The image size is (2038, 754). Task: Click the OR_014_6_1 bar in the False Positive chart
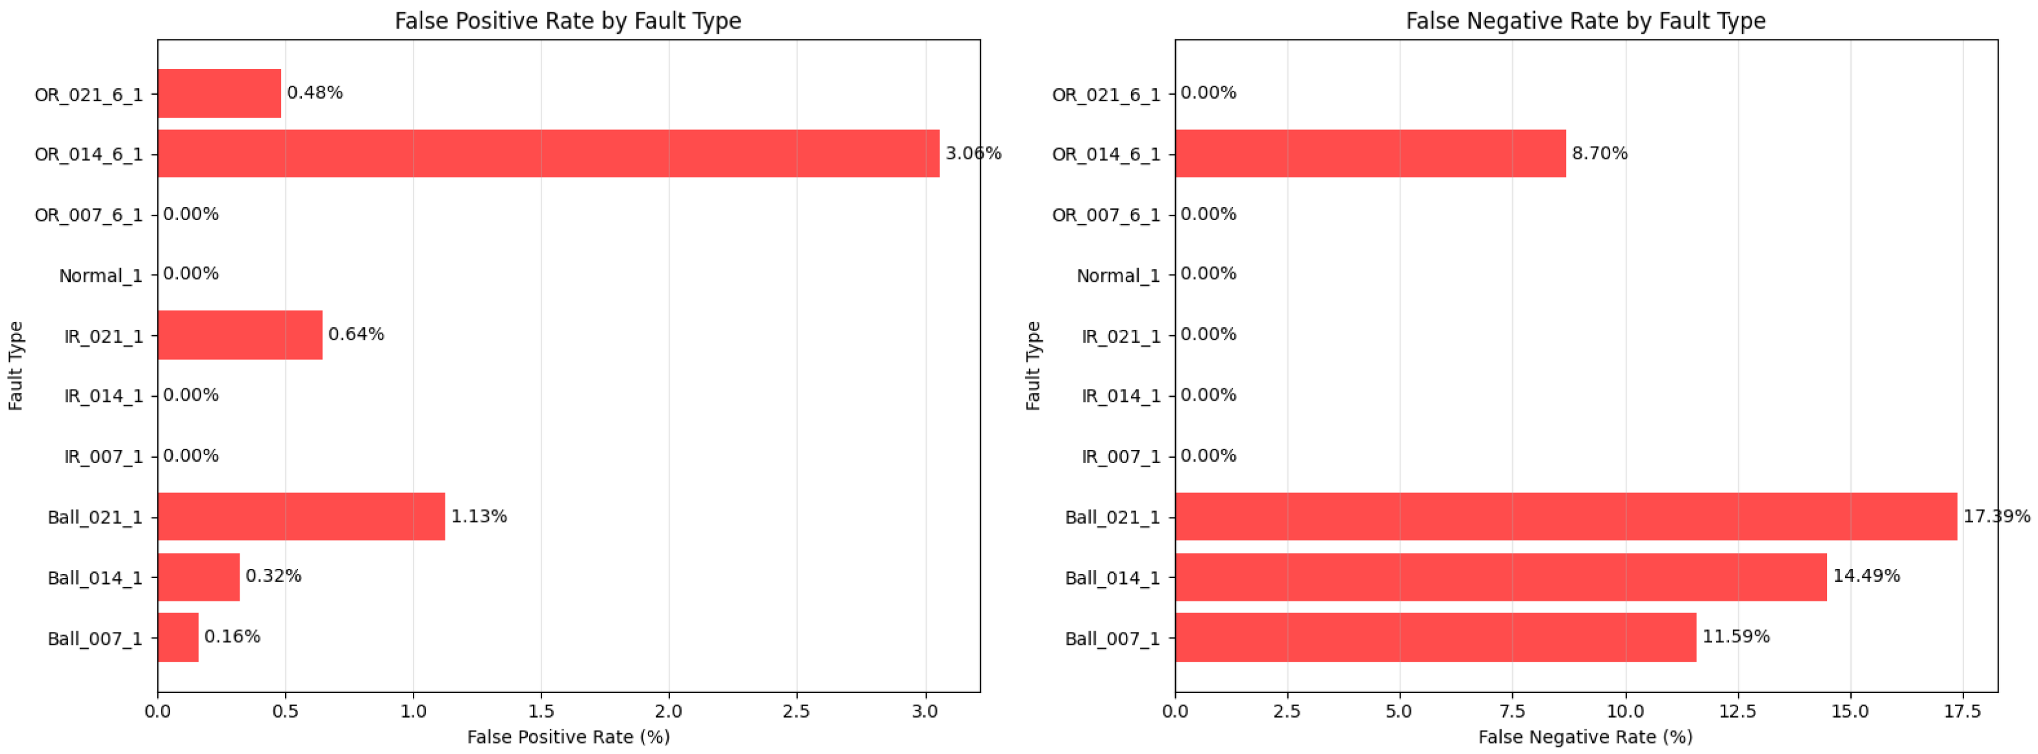tap(548, 153)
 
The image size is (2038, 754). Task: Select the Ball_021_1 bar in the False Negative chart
tap(1566, 517)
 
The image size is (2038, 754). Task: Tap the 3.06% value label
tap(973, 153)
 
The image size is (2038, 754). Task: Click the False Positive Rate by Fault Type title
tap(568, 21)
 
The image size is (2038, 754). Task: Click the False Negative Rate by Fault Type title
tap(1585, 21)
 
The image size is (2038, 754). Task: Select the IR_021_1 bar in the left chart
tap(240, 334)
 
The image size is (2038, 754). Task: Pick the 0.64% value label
tap(356, 334)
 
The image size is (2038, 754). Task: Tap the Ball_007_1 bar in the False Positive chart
tap(178, 637)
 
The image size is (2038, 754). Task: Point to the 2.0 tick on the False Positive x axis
tap(669, 711)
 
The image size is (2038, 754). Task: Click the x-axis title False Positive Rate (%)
tap(568, 737)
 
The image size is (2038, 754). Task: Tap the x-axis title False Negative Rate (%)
tap(1585, 737)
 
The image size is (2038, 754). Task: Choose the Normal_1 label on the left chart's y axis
tap(101, 275)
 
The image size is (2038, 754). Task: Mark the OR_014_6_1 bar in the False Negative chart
tap(1371, 153)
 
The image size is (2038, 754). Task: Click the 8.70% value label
tap(1600, 153)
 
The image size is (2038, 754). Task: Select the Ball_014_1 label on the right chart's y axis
tap(1112, 577)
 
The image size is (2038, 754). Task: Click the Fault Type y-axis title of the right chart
tap(1032, 366)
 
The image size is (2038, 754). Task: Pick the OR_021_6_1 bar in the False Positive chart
tap(219, 94)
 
